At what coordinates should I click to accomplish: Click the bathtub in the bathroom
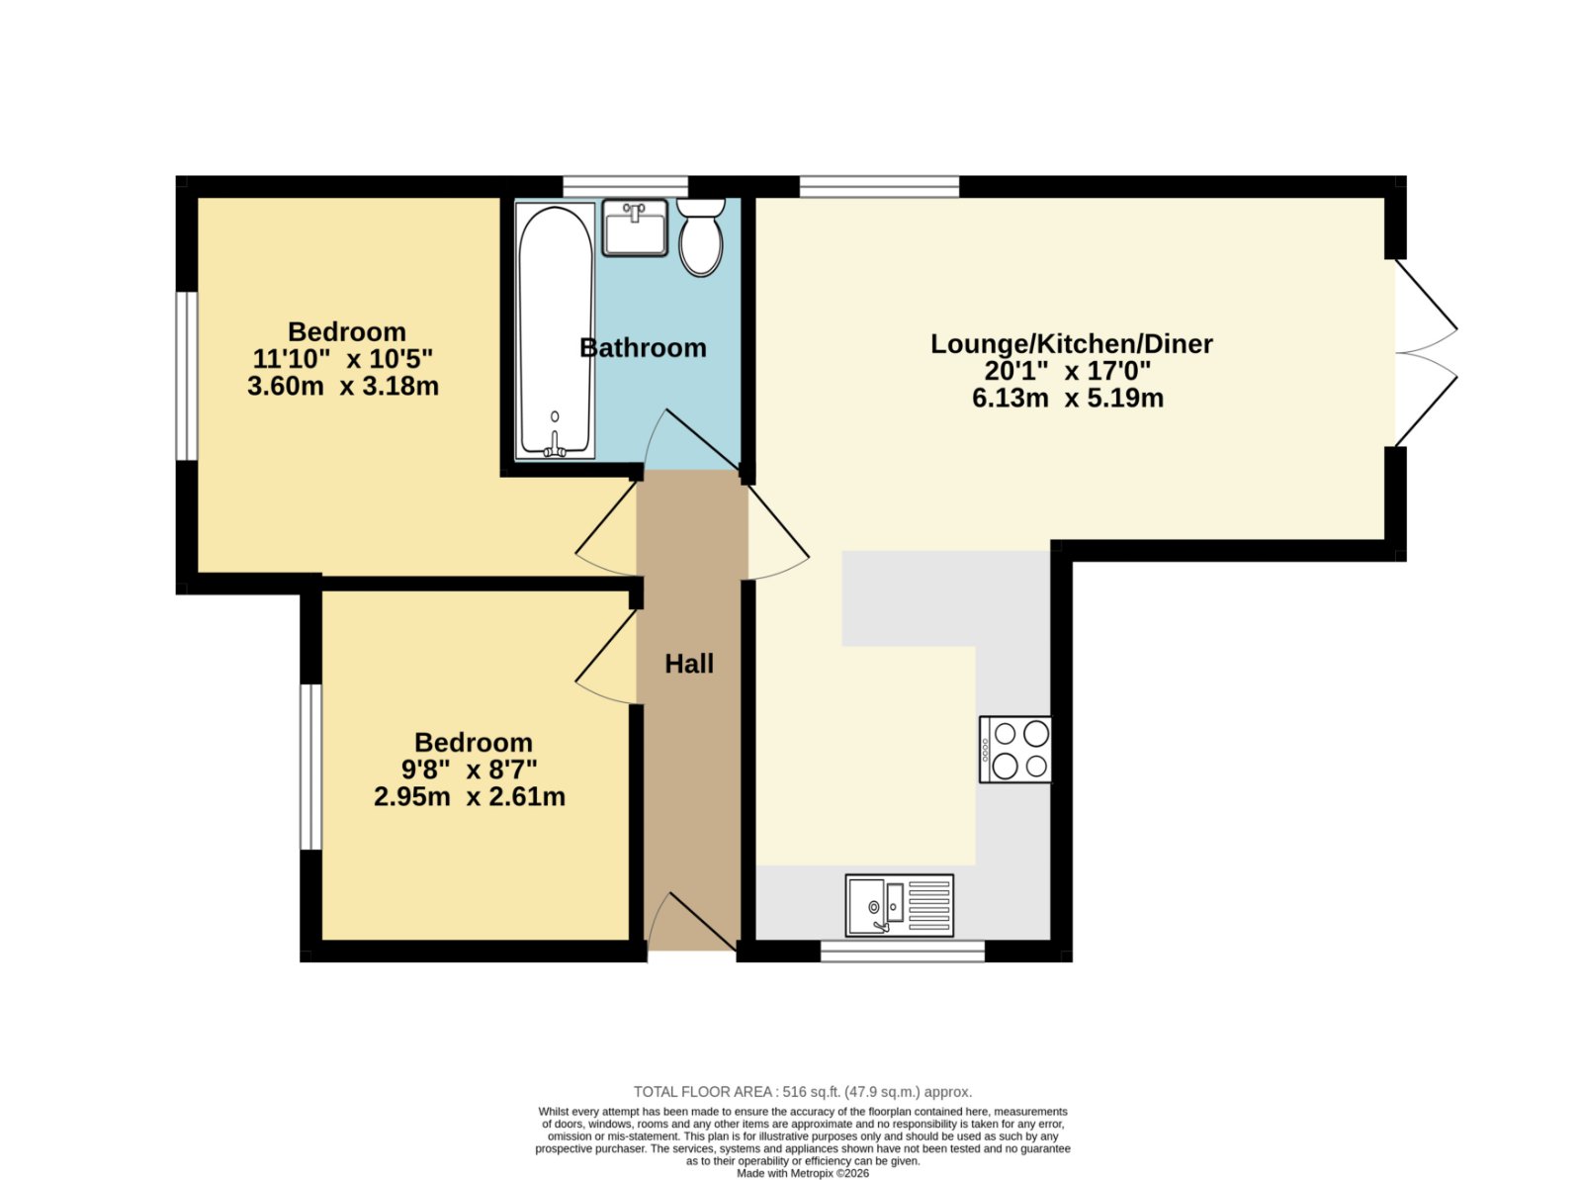[555, 331]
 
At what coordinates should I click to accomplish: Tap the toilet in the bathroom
[701, 237]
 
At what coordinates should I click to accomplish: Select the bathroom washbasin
[635, 227]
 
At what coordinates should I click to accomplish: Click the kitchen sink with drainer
[899, 905]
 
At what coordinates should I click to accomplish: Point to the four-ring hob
[1014, 750]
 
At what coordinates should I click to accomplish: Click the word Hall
[689, 664]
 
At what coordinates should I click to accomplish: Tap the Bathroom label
[643, 348]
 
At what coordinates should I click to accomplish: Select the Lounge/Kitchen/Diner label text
[1071, 344]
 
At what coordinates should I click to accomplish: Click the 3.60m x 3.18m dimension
[343, 387]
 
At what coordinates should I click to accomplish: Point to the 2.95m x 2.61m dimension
[470, 796]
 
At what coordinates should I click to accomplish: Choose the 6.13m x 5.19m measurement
[1068, 398]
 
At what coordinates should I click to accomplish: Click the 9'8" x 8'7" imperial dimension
[470, 770]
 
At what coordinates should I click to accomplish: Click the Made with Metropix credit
[803, 1173]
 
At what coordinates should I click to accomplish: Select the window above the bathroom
[626, 187]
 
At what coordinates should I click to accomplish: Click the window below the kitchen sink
[903, 952]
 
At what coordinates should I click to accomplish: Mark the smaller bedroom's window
[310, 767]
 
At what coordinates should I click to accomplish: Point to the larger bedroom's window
[187, 376]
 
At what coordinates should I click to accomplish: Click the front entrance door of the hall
[692, 923]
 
